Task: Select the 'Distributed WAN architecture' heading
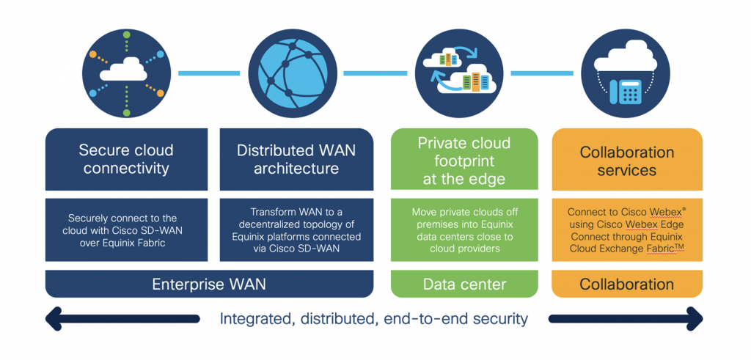296,159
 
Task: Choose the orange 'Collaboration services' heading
626,161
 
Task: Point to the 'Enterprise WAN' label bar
209,284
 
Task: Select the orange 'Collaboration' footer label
626,284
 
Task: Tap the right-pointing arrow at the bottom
626,319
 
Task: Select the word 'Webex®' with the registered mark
667,212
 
